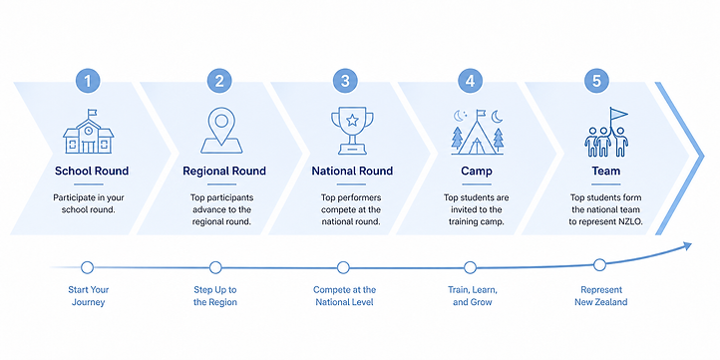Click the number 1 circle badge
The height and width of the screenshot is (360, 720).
[x=88, y=82]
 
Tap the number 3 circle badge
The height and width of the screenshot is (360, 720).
[x=345, y=82]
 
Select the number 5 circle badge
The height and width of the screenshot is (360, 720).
[x=596, y=82]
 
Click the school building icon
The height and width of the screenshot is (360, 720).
[x=88, y=132]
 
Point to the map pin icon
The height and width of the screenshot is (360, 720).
[x=221, y=131]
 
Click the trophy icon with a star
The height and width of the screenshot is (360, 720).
[x=352, y=131]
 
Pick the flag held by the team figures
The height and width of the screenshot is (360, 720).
[x=618, y=114]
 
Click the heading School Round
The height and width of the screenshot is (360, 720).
[x=92, y=172]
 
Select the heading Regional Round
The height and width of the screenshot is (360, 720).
[x=224, y=172]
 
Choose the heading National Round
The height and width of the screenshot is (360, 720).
[x=352, y=172]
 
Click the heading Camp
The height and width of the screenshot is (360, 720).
[x=477, y=172]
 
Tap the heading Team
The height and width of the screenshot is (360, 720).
[x=605, y=172]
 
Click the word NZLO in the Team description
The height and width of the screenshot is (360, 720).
[x=631, y=221]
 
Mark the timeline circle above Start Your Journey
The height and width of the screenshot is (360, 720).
[x=87, y=267]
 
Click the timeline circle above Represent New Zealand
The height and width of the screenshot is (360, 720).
[x=599, y=265]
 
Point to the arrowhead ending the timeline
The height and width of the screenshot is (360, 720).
[x=687, y=245]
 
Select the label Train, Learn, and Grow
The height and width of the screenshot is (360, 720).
[x=473, y=296]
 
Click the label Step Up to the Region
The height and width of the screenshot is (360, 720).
[x=214, y=296]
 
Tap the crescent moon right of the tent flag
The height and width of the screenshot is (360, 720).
[x=498, y=117]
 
